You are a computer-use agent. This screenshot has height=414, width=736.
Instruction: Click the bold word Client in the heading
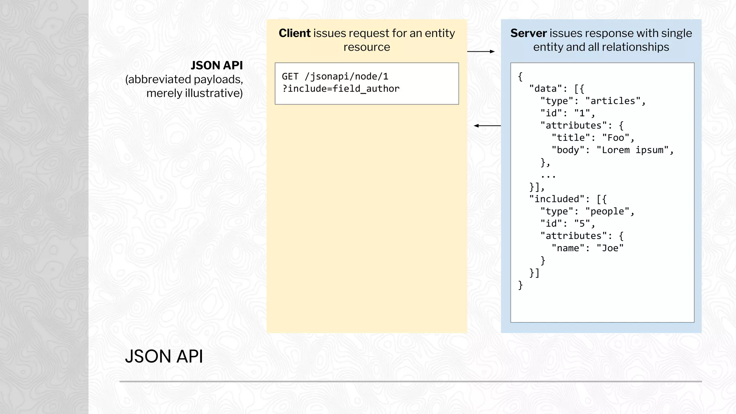[294, 33]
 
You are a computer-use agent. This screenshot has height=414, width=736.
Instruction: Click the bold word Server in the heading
[528, 33]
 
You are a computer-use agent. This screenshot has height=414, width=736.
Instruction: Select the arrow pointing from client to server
[481, 51]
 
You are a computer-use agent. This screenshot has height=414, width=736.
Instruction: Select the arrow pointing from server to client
[487, 126]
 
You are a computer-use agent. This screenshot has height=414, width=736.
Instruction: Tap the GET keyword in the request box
[290, 77]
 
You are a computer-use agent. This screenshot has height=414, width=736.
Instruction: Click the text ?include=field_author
[341, 89]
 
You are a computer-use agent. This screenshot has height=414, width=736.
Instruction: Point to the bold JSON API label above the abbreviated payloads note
[217, 65]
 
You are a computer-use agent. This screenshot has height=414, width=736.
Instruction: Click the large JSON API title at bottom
[164, 356]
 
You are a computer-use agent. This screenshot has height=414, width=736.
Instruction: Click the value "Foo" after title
[616, 138]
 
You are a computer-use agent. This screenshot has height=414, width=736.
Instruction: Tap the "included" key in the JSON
[557, 199]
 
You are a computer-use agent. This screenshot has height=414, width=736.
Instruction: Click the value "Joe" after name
[610, 248]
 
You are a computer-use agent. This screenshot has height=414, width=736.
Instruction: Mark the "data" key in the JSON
[545, 89]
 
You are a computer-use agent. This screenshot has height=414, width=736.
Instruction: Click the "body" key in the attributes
[568, 150]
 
